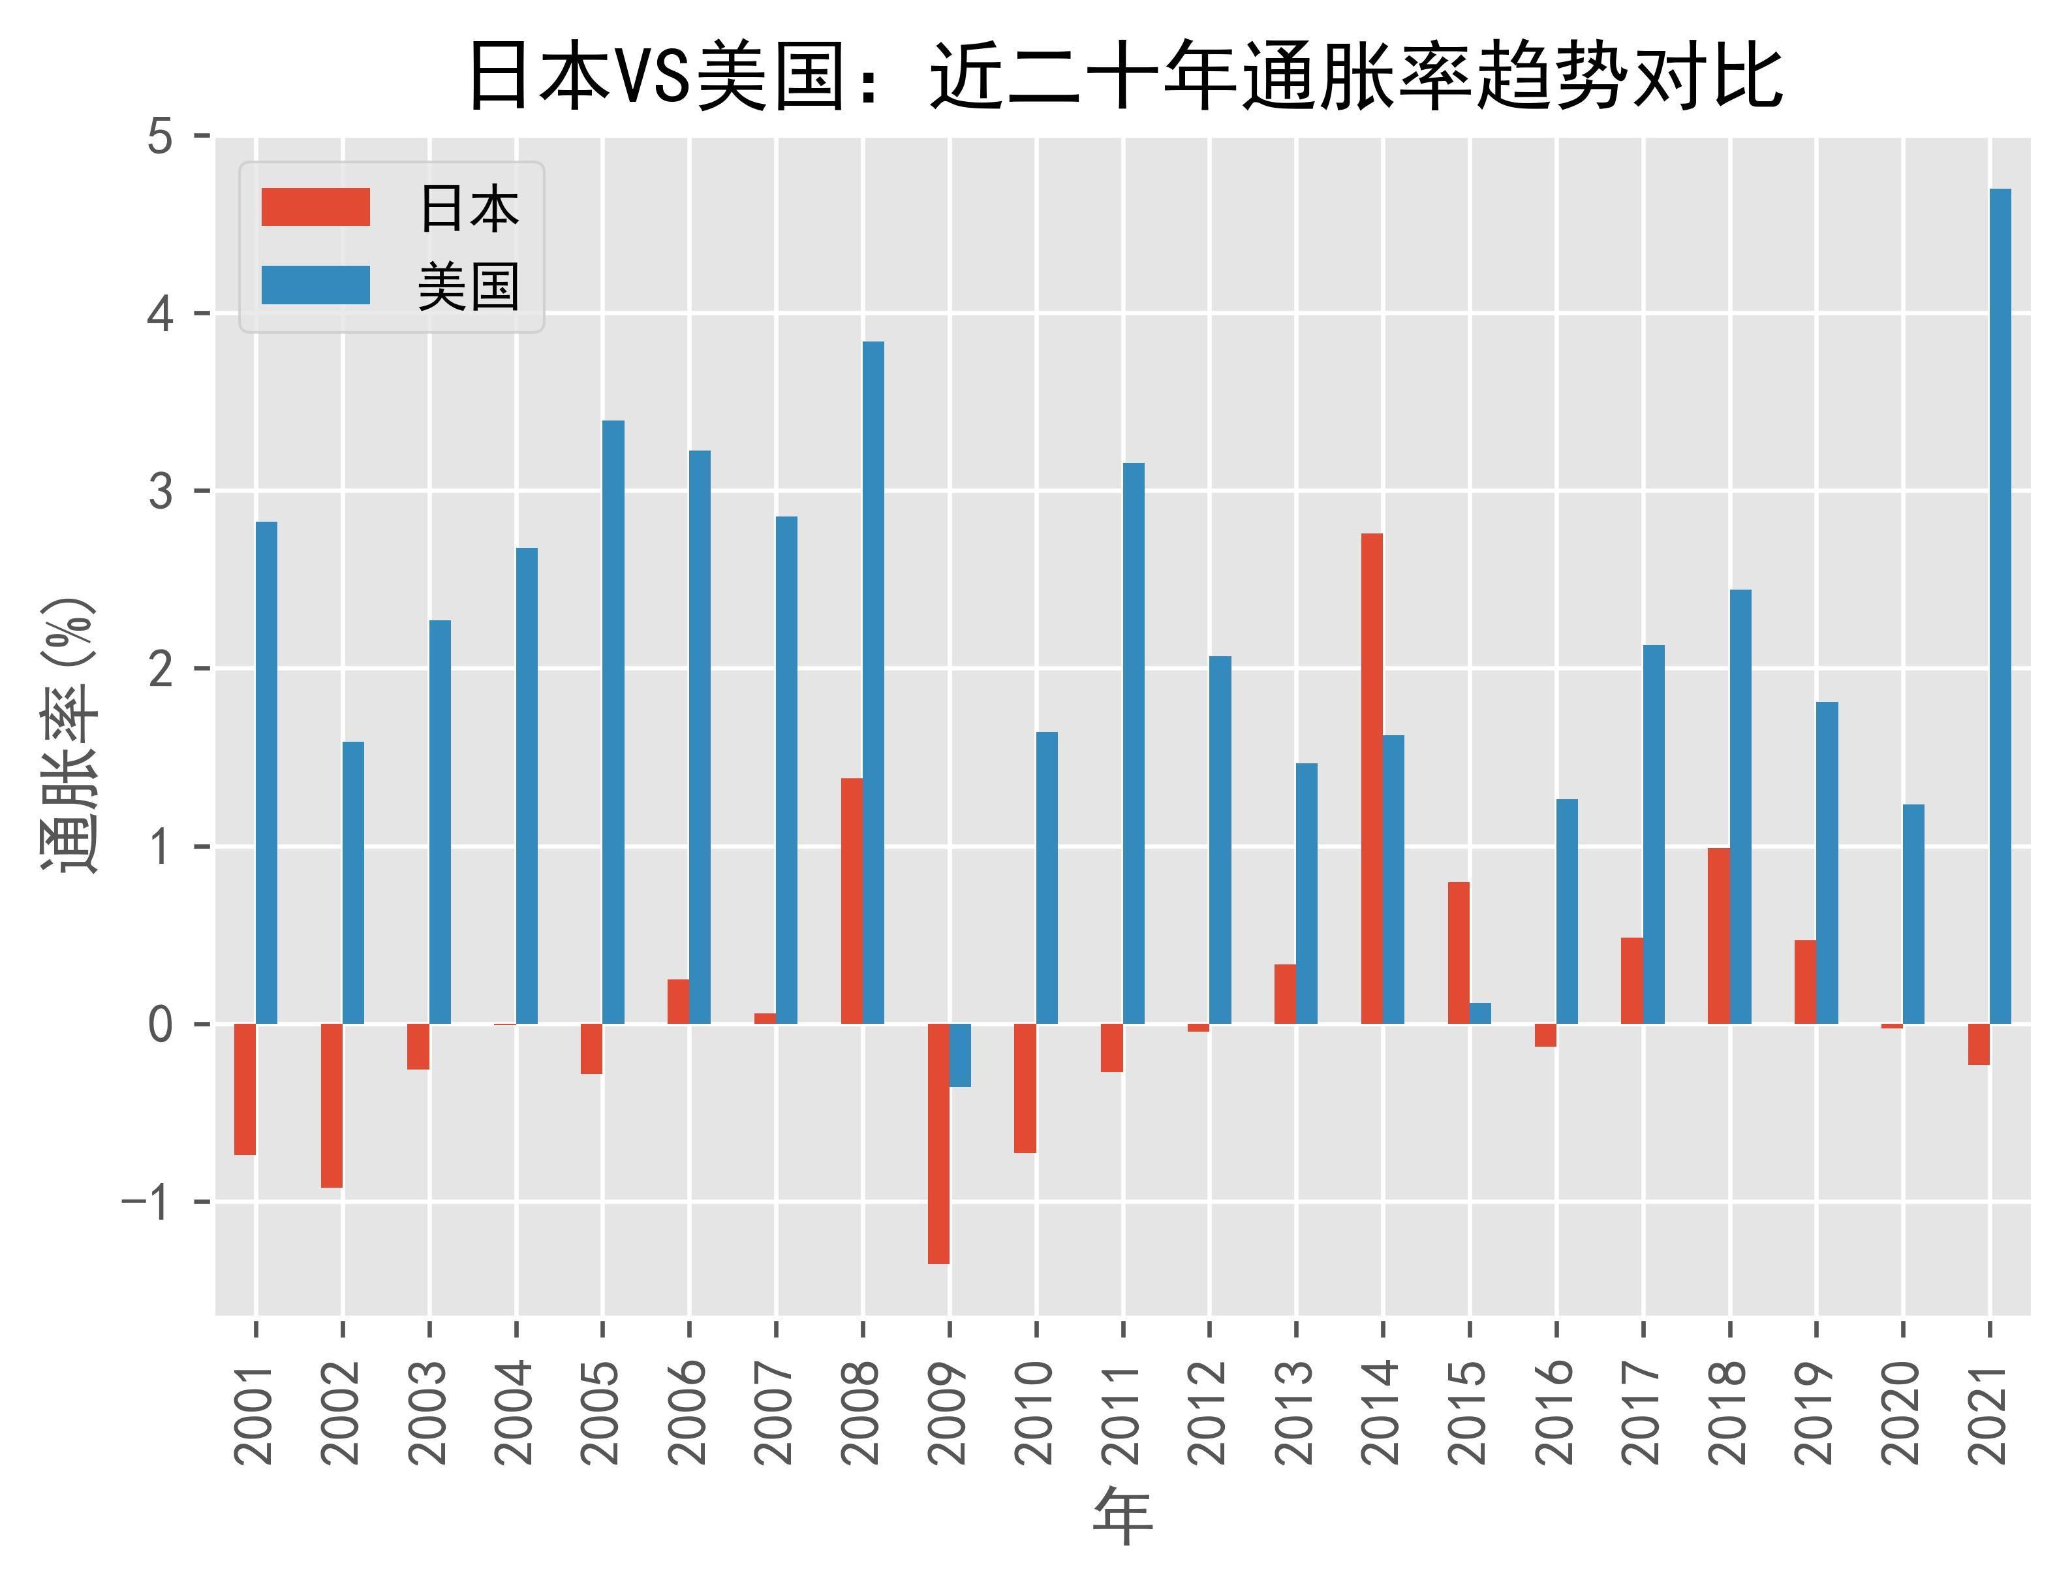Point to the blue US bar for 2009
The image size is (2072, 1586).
coord(961,1055)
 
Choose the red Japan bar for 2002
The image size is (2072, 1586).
coord(332,1105)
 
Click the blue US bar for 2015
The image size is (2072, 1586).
coord(1480,1013)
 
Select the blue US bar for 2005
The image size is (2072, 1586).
coord(613,722)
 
